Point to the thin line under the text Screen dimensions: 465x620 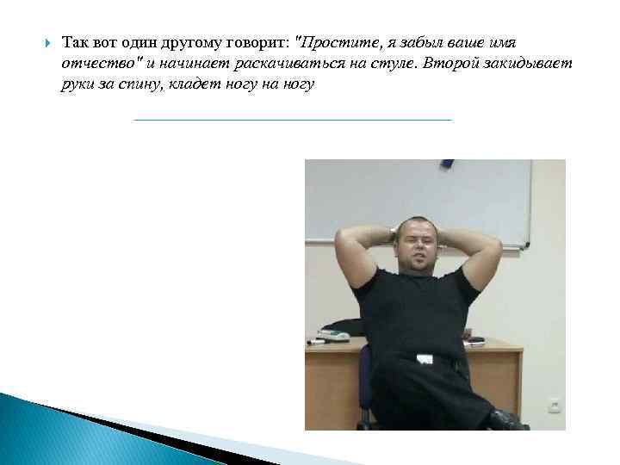click(x=293, y=119)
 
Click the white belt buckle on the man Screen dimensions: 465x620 click(x=423, y=358)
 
